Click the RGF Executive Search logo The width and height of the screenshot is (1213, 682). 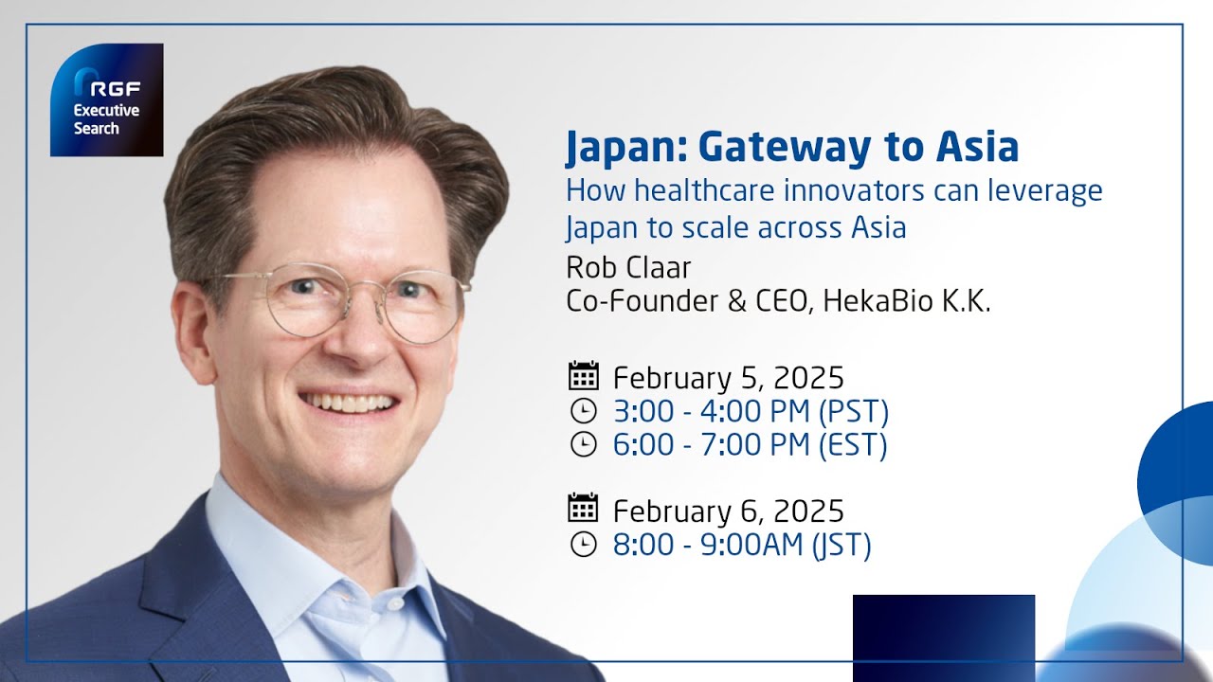[x=106, y=100]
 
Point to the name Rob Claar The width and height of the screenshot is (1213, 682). [x=628, y=267]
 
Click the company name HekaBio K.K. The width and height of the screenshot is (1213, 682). [x=907, y=302]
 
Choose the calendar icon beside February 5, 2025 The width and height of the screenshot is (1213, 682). [x=583, y=376]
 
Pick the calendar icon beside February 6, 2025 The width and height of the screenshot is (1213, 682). [x=583, y=509]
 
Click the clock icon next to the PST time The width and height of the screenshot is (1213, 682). [x=583, y=411]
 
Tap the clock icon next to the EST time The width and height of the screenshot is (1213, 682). [x=583, y=444]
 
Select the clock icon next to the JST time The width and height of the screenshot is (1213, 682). [x=583, y=545]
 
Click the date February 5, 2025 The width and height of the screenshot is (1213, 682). [x=728, y=378]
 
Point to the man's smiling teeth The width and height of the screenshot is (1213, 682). [x=348, y=403]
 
